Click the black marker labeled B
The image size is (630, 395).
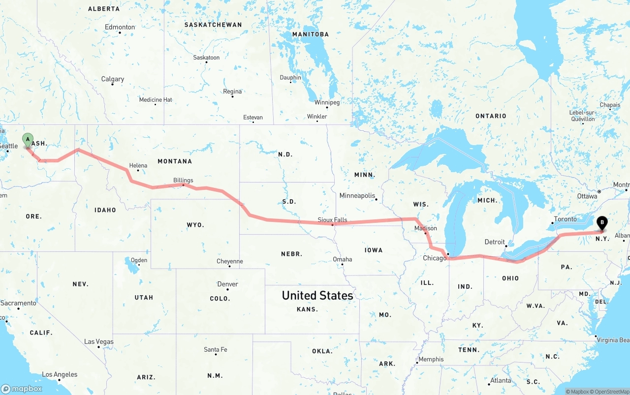(601, 224)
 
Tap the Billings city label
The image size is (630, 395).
(183, 180)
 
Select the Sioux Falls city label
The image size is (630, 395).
(332, 220)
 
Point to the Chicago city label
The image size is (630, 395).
(434, 258)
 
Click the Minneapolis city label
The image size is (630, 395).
(357, 195)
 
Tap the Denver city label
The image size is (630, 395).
(227, 284)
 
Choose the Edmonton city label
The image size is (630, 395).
(120, 27)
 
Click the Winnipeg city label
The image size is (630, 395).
(327, 102)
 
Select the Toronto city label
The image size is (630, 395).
(565, 219)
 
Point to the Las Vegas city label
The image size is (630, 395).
(98, 341)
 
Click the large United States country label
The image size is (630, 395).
(317, 296)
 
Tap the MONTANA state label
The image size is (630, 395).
(175, 161)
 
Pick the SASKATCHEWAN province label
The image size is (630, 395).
(213, 25)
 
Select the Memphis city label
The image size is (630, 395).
(431, 359)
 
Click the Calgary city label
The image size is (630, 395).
(113, 79)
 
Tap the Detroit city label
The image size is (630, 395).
(495, 242)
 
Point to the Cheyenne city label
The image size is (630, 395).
(230, 261)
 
